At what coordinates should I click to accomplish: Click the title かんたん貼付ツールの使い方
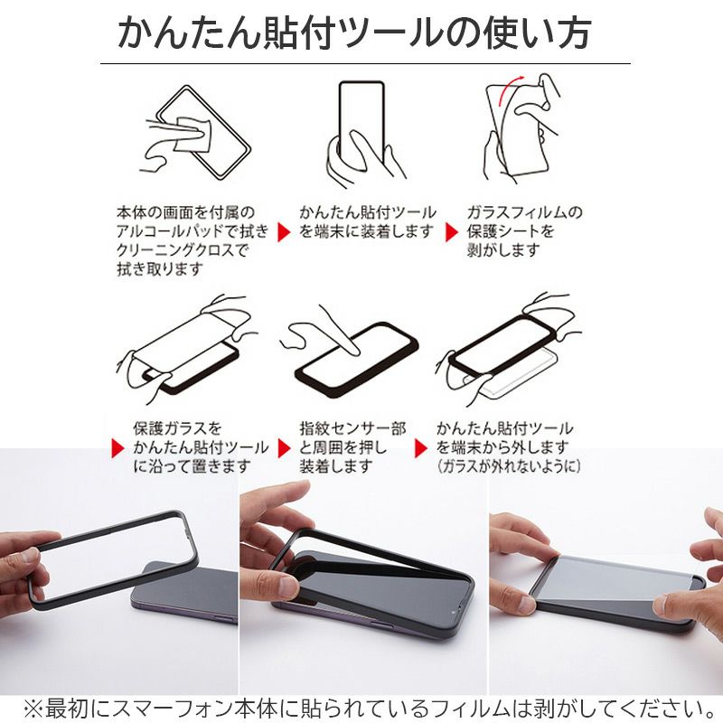pos(354,33)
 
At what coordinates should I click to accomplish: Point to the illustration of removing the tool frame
pos(506,348)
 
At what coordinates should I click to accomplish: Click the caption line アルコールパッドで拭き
pos(192,231)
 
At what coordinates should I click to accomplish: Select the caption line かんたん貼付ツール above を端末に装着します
pos(367,212)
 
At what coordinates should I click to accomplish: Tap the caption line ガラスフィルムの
pos(525,212)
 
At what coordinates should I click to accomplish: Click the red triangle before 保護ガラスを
pos(117,447)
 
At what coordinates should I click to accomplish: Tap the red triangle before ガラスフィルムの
pos(451,231)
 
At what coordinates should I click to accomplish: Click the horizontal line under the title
pos(365,63)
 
